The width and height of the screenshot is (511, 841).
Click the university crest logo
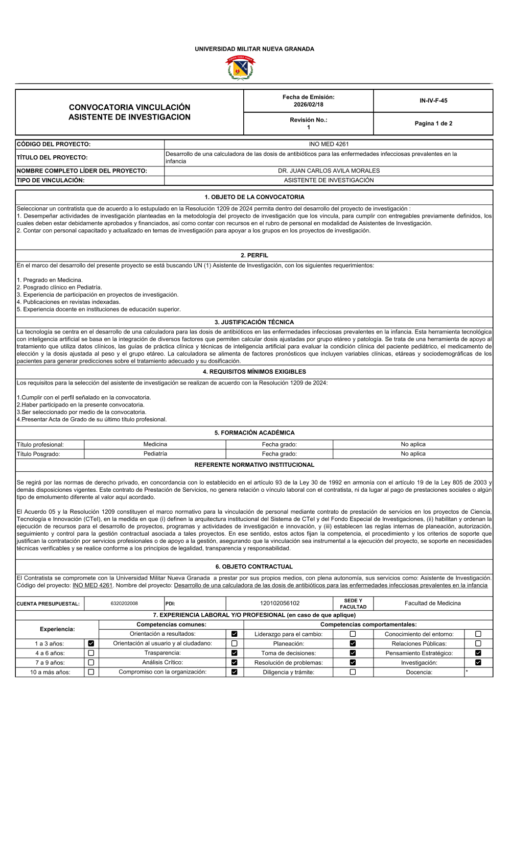[240, 68]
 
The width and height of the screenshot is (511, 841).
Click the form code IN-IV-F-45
[433, 101]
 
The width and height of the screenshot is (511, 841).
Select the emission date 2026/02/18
[308, 105]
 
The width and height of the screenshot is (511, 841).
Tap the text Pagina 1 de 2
[433, 124]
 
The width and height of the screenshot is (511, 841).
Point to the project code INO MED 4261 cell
[329, 145]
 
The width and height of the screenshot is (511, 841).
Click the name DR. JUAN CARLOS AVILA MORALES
[329, 171]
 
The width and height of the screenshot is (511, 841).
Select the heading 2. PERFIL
[254, 255]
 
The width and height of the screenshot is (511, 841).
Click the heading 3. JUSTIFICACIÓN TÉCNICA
[254, 322]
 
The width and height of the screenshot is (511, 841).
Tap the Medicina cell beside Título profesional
[155, 445]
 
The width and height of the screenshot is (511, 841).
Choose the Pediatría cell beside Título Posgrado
[155, 454]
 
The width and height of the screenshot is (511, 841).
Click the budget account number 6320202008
[124, 604]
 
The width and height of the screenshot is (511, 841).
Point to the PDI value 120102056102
[280, 604]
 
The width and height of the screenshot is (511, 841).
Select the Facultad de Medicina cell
[432, 604]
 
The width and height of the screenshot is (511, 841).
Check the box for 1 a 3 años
[91, 644]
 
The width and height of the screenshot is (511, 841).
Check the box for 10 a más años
[91, 672]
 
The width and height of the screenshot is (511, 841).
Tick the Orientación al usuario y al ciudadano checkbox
[235, 644]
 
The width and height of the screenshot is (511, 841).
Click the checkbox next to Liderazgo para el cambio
[353, 634]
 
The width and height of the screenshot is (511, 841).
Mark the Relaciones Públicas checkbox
[478, 644]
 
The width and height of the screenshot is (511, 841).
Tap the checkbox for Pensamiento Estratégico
[478, 653]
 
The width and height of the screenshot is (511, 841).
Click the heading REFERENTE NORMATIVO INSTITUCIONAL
[254, 465]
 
